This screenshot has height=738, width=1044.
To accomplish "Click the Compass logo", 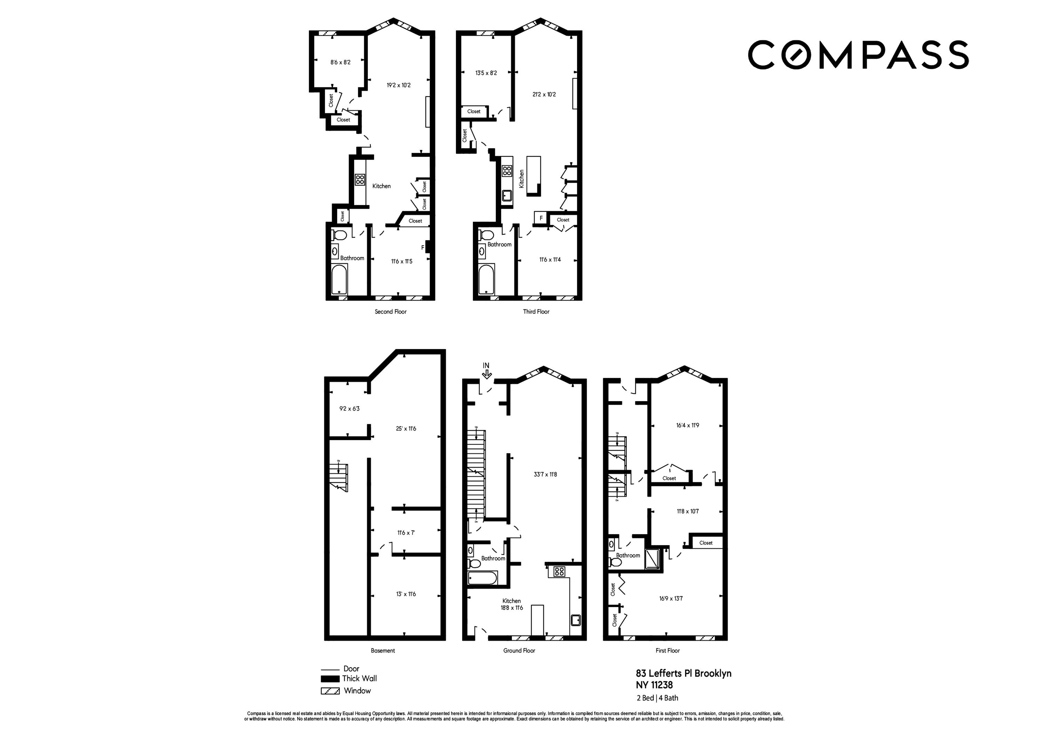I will (858, 55).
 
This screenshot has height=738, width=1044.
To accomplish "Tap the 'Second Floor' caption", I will (390, 311).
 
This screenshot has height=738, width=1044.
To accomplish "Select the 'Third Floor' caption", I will (536, 311).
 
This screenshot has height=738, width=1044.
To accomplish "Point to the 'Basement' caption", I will (383, 651).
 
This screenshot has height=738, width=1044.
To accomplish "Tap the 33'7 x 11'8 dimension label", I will (545, 474).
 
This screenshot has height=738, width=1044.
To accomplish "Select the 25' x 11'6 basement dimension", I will (406, 428).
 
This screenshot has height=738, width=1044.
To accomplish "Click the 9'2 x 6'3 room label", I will (349, 408).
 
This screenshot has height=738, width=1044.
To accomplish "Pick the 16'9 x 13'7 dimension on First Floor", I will (671, 598).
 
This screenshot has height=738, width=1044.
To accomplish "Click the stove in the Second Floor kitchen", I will (360, 180).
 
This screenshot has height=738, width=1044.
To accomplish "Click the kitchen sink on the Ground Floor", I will (576, 620).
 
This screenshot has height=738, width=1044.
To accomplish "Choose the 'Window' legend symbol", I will (330, 691).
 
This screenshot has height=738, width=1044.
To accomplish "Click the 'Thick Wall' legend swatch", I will (330, 679).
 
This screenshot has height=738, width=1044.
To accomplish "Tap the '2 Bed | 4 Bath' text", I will (657, 698).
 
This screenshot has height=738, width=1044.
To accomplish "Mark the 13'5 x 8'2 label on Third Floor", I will (485, 73).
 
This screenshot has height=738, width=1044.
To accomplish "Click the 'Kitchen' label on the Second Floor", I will (381, 186).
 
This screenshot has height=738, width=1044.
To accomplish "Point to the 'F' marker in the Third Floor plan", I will (541, 218).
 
